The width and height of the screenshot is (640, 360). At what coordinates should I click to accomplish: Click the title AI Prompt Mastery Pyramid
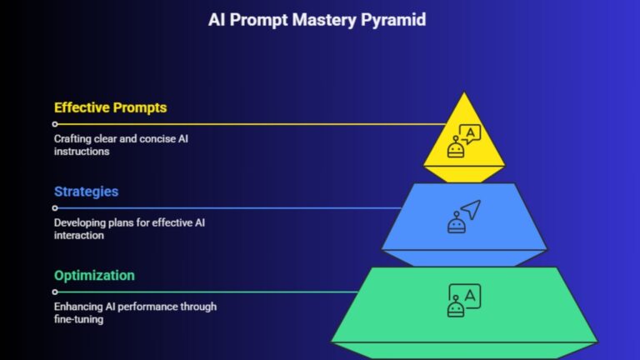(x=317, y=18)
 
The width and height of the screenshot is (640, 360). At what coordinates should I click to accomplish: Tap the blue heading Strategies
(x=86, y=192)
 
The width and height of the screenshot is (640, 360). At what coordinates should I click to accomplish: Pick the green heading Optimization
(x=94, y=276)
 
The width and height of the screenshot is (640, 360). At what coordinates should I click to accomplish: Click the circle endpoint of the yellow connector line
(x=55, y=124)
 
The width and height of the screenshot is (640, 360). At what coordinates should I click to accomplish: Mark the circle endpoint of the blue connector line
(x=55, y=208)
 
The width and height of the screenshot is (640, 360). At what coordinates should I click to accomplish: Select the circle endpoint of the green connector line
(x=55, y=292)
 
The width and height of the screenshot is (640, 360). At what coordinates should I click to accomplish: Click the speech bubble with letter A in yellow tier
(x=472, y=133)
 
